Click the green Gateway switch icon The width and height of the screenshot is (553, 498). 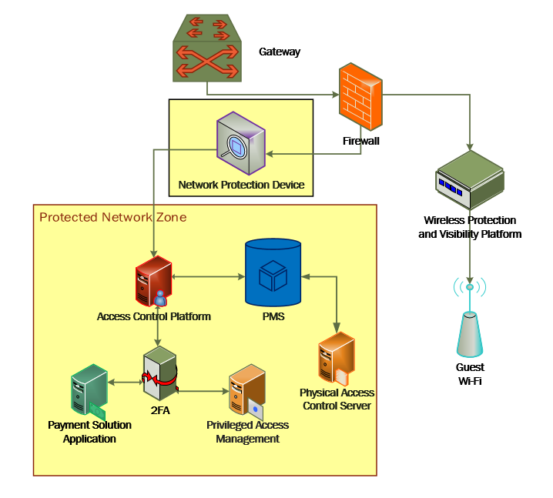207,48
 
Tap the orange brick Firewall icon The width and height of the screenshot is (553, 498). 360,96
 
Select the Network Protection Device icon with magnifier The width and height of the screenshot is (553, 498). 241,143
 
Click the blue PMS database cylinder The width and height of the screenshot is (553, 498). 273,272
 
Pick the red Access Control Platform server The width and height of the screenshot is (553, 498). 153,281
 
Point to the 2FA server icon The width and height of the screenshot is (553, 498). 160,373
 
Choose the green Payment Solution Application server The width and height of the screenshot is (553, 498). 89,390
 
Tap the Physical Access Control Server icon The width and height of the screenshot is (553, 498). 337,359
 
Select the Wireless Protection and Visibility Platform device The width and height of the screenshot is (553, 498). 470,180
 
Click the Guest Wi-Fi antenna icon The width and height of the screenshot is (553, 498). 469,317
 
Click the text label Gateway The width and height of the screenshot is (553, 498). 280,52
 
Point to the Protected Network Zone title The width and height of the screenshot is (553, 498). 113,217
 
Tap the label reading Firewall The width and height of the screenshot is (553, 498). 360,141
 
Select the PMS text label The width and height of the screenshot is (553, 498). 273,316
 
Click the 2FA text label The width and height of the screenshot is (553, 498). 160,410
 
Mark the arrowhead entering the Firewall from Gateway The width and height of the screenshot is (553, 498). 335,95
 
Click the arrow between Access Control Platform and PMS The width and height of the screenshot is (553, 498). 209,276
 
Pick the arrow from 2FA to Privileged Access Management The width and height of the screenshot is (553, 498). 203,391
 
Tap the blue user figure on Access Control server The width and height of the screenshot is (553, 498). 160,298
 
